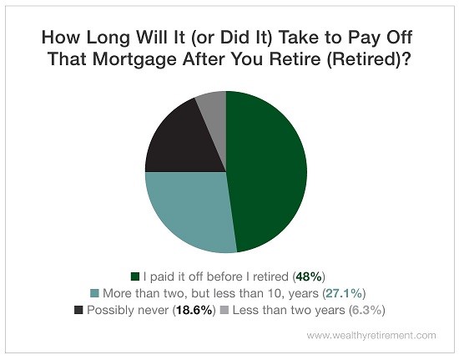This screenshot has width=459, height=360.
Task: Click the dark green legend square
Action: (x=135, y=276)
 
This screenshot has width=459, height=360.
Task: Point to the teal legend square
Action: (x=94, y=293)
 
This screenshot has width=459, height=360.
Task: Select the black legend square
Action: (x=78, y=310)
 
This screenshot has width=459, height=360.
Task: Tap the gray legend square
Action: (x=224, y=310)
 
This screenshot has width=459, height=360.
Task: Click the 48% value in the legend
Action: (x=309, y=276)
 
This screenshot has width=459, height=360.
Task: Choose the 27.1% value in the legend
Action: (x=344, y=293)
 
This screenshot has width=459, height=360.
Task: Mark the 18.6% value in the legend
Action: (x=194, y=310)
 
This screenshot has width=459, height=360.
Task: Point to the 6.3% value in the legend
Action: (x=367, y=310)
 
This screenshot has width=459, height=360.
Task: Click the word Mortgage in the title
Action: (x=134, y=59)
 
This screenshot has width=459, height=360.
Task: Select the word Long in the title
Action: (x=108, y=38)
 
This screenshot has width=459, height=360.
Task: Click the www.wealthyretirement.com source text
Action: (x=371, y=336)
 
